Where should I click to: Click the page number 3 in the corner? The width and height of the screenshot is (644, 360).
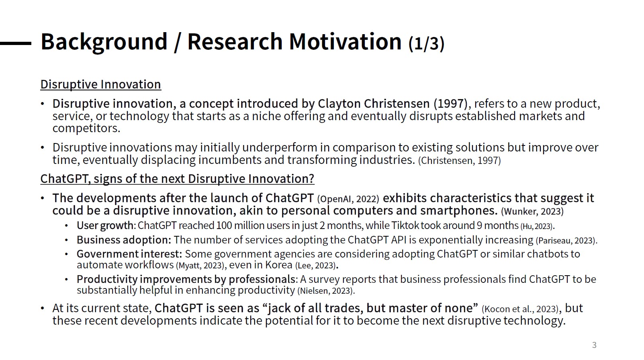pyautogui.click(x=594, y=345)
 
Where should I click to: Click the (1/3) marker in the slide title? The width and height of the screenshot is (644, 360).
pyautogui.click(x=426, y=43)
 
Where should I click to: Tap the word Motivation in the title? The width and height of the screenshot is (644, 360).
pyautogui.click(x=345, y=41)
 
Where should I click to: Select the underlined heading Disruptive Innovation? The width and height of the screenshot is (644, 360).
pyautogui.click(x=100, y=84)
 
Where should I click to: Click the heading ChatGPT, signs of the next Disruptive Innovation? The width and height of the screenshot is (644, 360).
pyautogui.click(x=177, y=179)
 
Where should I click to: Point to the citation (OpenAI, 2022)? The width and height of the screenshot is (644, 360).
pyautogui.click(x=348, y=199)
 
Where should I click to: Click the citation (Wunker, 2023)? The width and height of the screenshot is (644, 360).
pyautogui.click(x=532, y=211)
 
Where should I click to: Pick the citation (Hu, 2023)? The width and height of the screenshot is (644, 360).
pyautogui.click(x=537, y=226)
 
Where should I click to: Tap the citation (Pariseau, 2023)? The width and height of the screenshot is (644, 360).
pyautogui.click(x=566, y=240)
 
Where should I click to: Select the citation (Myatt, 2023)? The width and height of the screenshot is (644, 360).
pyautogui.click(x=200, y=265)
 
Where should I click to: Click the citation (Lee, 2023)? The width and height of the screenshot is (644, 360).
pyautogui.click(x=315, y=265)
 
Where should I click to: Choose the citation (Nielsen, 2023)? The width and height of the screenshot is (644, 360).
pyautogui.click(x=326, y=291)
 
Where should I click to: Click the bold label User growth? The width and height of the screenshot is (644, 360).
pyautogui.click(x=105, y=225)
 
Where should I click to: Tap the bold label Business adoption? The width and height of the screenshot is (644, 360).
pyautogui.click(x=124, y=240)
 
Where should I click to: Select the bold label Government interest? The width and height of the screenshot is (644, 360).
pyautogui.click(x=129, y=254)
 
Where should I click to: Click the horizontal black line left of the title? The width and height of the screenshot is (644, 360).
pyautogui.click(x=16, y=43)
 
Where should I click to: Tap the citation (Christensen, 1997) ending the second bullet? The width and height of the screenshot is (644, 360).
pyautogui.click(x=460, y=160)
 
